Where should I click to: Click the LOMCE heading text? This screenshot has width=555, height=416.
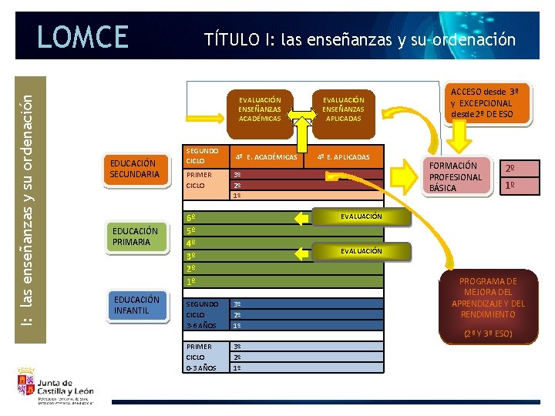[x=82, y=36]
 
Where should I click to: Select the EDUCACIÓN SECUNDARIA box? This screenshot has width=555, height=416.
[x=135, y=169]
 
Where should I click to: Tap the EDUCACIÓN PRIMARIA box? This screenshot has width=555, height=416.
[x=135, y=237]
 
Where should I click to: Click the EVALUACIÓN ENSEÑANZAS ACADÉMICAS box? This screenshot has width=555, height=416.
[x=260, y=109]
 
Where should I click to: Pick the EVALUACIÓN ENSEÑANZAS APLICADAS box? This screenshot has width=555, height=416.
[x=343, y=109]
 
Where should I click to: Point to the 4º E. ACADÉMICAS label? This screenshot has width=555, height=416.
[x=266, y=157]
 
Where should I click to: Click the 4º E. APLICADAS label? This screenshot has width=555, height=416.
[x=345, y=157]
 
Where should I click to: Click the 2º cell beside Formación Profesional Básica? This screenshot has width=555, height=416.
[x=510, y=169]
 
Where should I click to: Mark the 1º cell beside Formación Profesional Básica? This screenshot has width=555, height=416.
[x=510, y=186]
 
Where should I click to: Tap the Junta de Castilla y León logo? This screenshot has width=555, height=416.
[x=54, y=386]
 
